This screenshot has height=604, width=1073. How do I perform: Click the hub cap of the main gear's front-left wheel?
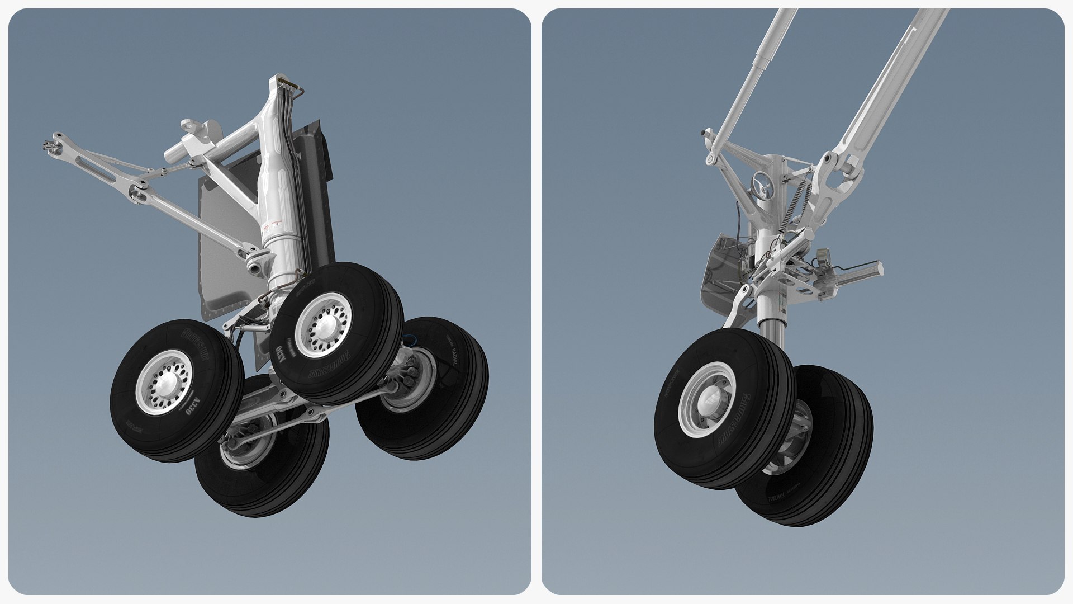(x=166, y=383)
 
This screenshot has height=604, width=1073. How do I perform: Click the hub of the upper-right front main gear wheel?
(x=325, y=326)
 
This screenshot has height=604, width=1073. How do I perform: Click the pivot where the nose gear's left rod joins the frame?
(x=710, y=159)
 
